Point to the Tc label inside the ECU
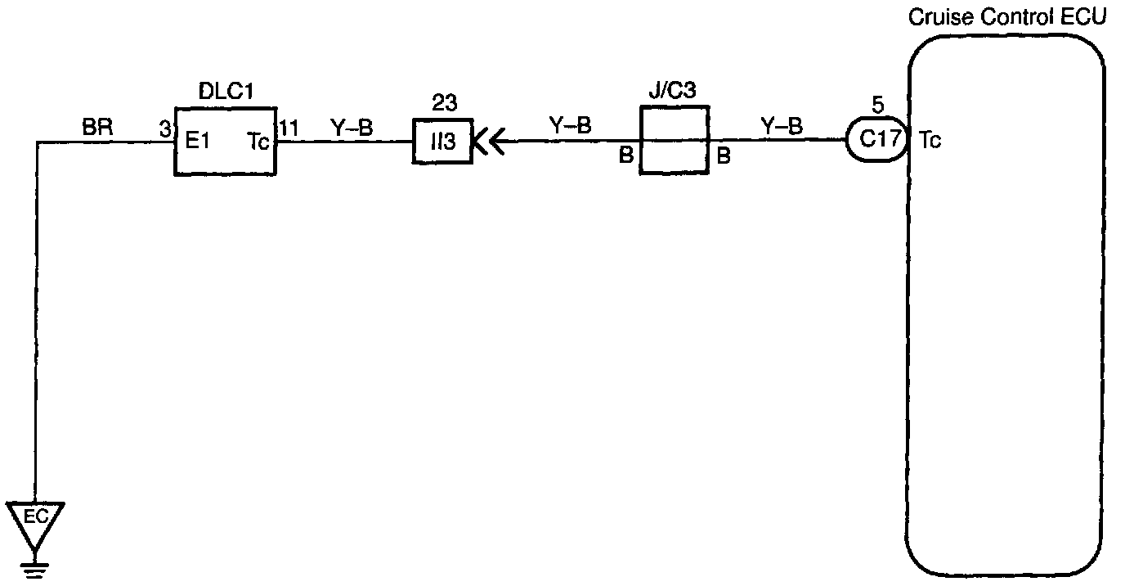(x=930, y=140)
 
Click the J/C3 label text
(x=673, y=91)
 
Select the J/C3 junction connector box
(x=673, y=140)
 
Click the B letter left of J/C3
(x=626, y=156)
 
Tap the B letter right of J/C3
(x=724, y=156)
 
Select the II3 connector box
(x=442, y=142)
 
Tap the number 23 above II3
(x=445, y=104)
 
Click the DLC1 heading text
(x=226, y=91)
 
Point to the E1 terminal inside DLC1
(x=197, y=142)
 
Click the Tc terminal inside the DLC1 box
(x=258, y=142)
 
